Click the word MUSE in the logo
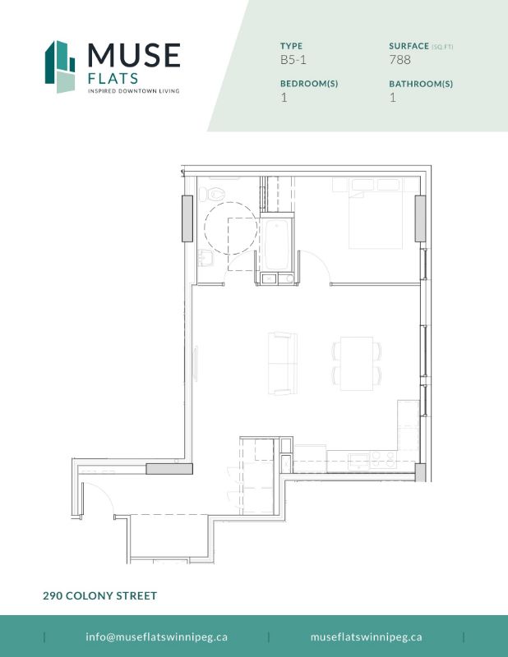coord(134,56)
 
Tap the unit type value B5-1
coord(293,60)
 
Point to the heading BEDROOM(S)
coord(309,84)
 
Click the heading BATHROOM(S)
coord(421,84)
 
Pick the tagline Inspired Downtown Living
coord(133,91)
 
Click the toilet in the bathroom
coord(214,195)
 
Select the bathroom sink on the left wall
coord(203,260)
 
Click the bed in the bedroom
coord(376,215)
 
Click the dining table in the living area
coord(357,363)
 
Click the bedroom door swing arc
coord(321,264)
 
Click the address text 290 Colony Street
coord(99,595)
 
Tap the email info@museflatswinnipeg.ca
coord(156,636)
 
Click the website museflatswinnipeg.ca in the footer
coord(367,636)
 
